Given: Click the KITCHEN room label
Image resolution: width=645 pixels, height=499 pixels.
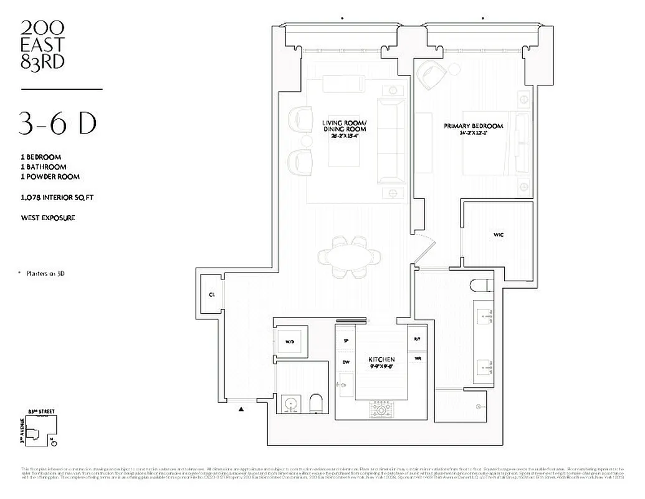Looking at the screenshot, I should click(x=381, y=360).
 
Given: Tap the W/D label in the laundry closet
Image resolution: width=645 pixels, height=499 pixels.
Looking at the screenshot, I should click(x=290, y=342).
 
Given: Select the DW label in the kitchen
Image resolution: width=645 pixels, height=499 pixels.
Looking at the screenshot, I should click(x=346, y=362).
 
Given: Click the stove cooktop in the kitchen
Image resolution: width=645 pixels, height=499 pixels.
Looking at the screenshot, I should click(x=381, y=410).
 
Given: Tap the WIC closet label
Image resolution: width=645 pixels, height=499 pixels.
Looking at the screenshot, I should click(x=498, y=235).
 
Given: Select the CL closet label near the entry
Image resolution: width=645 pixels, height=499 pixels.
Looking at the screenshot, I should click(x=212, y=294).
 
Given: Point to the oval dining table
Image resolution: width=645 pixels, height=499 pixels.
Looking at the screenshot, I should click(x=349, y=256).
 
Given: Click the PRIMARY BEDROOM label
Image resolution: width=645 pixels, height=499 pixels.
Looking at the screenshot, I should click(x=473, y=126).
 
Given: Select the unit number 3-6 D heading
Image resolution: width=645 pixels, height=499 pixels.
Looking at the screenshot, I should click(x=58, y=124).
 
